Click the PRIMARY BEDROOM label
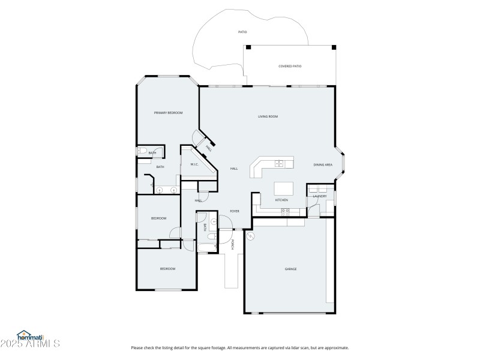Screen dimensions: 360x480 (168, 113)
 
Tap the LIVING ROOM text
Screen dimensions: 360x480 (268, 116)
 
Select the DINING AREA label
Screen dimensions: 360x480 (323, 164)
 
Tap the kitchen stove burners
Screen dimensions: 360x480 (285, 211)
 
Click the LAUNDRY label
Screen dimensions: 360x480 (320, 196)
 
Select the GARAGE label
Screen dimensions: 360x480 (290, 269)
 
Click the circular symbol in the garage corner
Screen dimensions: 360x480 (250, 236)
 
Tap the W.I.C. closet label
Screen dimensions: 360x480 (194, 164)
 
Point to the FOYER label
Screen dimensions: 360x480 (235, 211)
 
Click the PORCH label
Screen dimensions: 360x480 (233, 244)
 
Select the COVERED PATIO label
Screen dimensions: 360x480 (290, 66)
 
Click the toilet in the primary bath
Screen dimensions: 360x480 (143, 153)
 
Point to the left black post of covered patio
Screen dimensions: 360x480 (248, 47)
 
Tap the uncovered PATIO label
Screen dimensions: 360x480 (242, 32)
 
